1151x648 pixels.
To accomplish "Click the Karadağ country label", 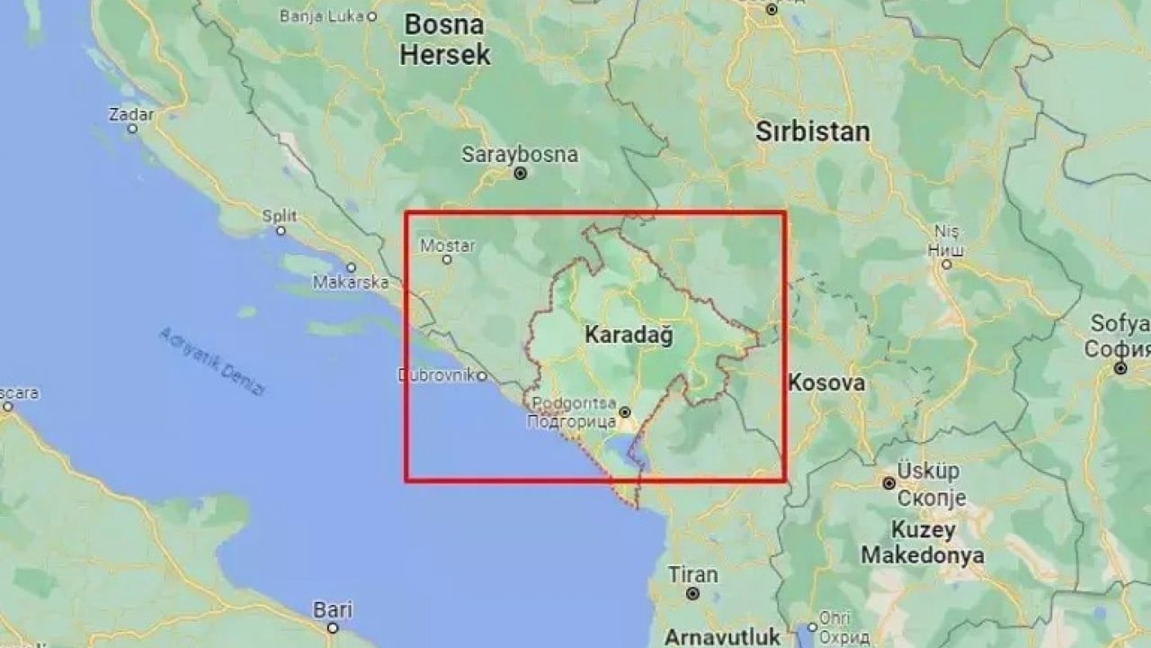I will click(629, 335).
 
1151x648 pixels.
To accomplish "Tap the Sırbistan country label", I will click(812, 132).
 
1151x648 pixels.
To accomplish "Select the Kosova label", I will click(826, 382).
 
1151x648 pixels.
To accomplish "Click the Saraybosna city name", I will click(520, 154).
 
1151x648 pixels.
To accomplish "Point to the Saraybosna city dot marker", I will click(521, 174).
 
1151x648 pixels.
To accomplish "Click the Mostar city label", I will click(447, 244).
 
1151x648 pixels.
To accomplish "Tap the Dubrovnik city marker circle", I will click(482, 375).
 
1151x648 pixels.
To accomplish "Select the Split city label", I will click(279, 215).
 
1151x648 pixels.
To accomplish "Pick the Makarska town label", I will click(350, 282).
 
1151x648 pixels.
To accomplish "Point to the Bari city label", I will click(332, 609).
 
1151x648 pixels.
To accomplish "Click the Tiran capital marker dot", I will click(692, 594).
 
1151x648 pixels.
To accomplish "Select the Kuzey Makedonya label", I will click(922, 541).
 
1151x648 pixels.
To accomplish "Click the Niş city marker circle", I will click(946, 264).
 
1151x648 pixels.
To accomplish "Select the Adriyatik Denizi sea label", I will click(213, 361).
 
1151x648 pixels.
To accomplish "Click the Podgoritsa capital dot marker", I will click(626, 412).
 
